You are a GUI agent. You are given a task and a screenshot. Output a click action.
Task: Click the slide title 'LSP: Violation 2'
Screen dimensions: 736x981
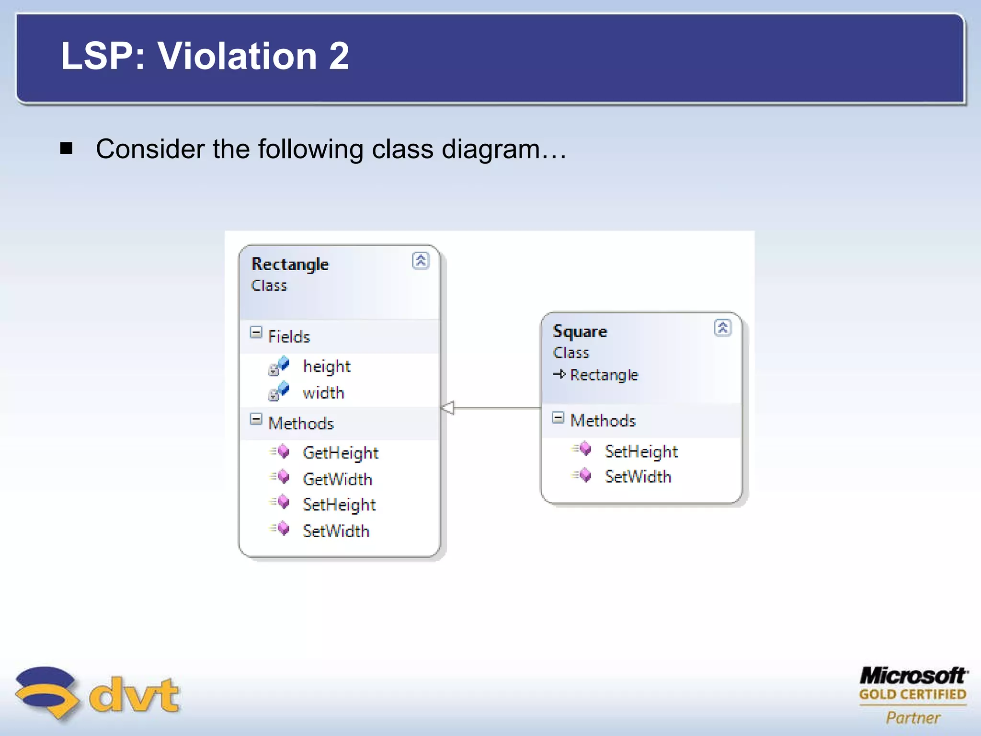[x=205, y=56]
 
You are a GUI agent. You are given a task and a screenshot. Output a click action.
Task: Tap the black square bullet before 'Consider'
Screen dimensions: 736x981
[x=66, y=149]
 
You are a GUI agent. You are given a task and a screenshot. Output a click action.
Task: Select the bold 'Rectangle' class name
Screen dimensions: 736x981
[x=290, y=264]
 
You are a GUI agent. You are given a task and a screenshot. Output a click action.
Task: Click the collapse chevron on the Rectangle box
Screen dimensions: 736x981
[x=421, y=261]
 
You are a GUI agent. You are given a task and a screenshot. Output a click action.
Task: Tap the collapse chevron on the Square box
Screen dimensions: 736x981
[x=722, y=328]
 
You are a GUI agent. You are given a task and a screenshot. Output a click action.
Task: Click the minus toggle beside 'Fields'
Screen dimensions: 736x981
[x=256, y=333]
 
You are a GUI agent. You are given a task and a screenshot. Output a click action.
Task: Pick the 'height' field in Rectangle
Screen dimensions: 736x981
[x=327, y=367]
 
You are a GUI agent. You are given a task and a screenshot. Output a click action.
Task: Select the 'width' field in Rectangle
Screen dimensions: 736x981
[x=323, y=393]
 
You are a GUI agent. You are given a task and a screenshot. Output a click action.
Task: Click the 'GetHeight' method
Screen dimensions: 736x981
[x=341, y=453]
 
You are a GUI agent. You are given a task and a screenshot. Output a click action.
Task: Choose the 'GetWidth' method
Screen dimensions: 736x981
[x=337, y=479]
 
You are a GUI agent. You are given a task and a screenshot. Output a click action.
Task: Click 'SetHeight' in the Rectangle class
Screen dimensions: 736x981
[x=339, y=505]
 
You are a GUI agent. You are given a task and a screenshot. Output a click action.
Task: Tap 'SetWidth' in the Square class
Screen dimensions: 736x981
[x=638, y=477]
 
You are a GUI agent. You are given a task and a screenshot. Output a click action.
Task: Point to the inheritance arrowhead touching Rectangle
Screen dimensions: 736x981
[x=447, y=408]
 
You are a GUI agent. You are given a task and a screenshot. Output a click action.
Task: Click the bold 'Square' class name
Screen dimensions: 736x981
[x=580, y=332]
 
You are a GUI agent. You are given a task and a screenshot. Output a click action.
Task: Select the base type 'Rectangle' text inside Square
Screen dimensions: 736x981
[x=604, y=375]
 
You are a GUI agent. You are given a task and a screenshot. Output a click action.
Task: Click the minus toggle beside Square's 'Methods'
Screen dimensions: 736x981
[x=558, y=417]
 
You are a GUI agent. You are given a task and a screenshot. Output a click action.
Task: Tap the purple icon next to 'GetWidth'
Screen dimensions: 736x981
[x=283, y=477]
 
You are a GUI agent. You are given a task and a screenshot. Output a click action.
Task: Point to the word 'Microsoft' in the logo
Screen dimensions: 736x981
[x=913, y=676]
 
